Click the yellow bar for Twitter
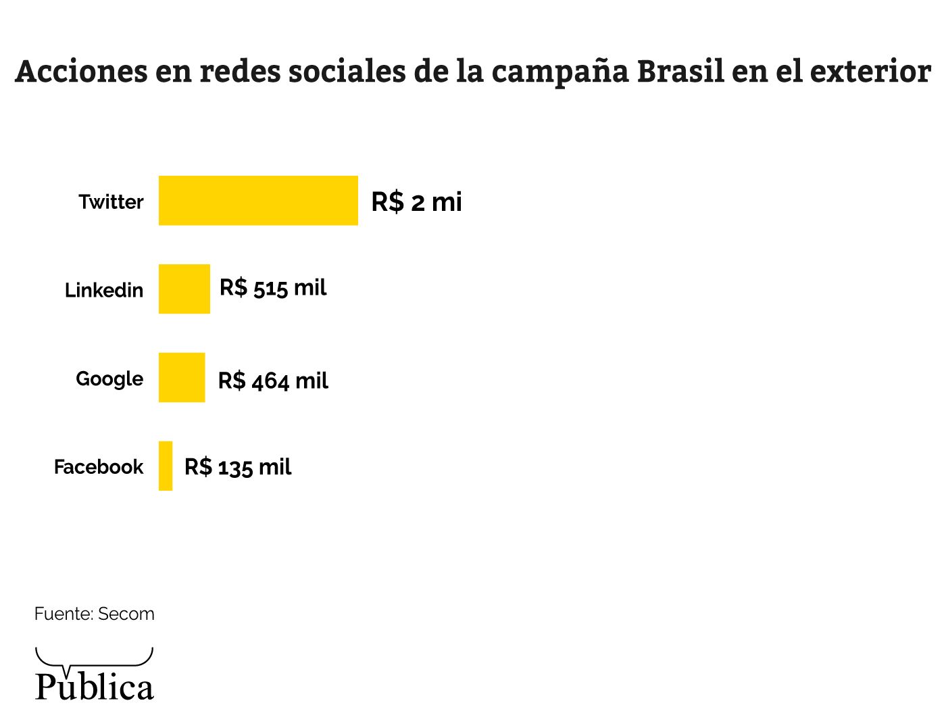[x=258, y=201]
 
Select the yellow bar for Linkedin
[x=184, y=289]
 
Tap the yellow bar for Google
[x=182, y=378]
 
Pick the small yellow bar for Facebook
[x=166, y=466]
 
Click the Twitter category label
[x=111, y=202]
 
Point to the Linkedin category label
[x=104, y=291]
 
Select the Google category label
[x=109, y=379]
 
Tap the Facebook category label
[x=99, y=467]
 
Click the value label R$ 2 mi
[x=416, y=202]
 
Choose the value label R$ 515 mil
[x=273, y=288]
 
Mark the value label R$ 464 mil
[x=273, y=381]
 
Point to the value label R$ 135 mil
[x=238, y=467]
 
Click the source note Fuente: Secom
[x=95, y=614]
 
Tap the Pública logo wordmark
[x=95, y=687]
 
